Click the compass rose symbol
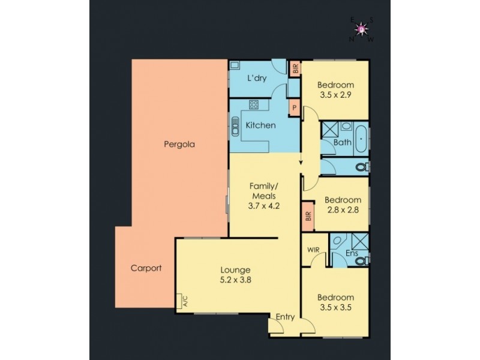tap(361, 29)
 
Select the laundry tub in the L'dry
tap(235, 65)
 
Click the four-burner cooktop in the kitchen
tap(254, 106)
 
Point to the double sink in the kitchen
tap(235, 127)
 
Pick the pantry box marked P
tap(295, 108)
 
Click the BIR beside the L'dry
tap(295, 69)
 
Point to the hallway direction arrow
tap(301, 163)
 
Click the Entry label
tap(285, 317)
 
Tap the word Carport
tap(146, 268)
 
